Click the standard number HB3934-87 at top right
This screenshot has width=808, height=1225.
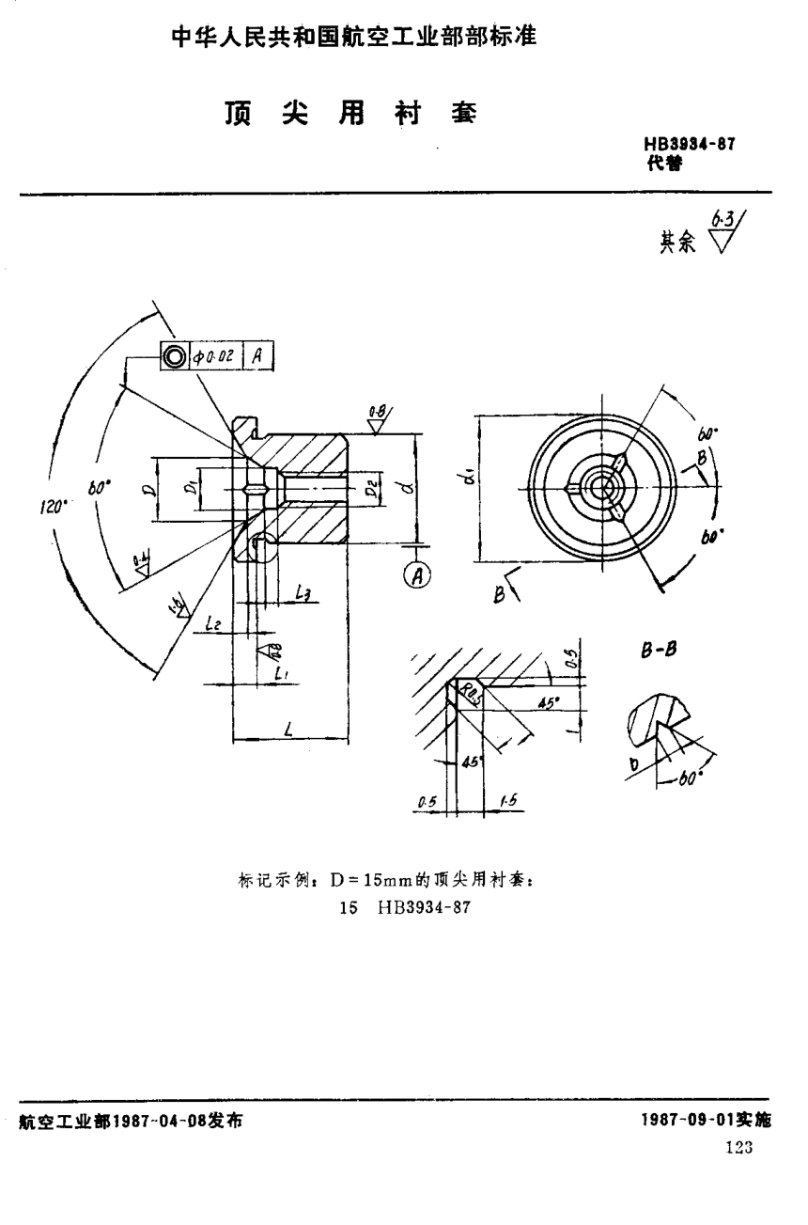point(689,145)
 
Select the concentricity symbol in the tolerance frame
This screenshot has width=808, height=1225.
point(174,356)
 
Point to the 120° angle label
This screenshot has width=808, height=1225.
point(52,507)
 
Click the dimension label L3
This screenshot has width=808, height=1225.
point(303,592)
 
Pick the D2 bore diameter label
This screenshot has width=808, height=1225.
point(371,489)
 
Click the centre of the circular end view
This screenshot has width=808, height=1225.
point(598,486)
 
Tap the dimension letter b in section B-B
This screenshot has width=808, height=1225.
point(634,764)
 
